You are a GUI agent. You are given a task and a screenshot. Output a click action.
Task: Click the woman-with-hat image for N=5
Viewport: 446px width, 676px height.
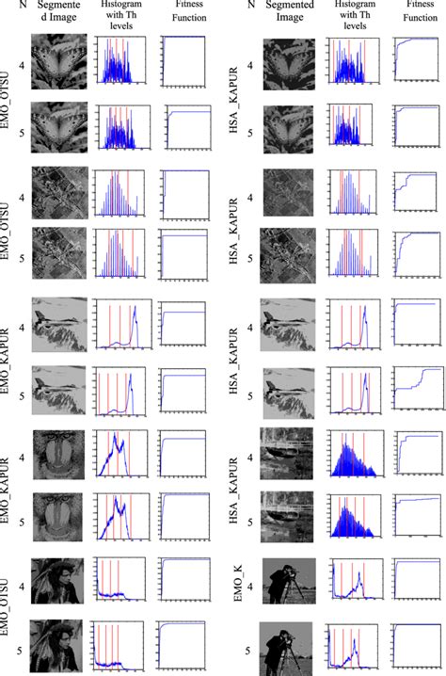tap(58, 649)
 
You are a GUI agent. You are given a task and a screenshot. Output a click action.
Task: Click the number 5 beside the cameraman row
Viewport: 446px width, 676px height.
tap(247, 649)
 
